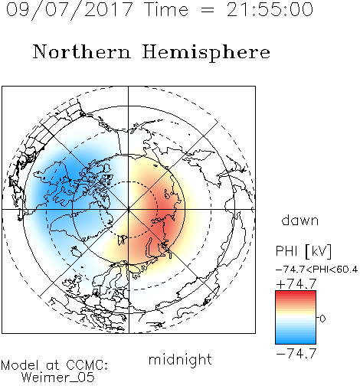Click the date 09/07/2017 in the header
[x=70, y=10]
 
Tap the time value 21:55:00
[x=270, y=9]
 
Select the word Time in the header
[x=166, y=9]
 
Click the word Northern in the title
[x=82, y=51]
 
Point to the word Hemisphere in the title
[x=206, y=53]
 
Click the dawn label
[x=300, y=220]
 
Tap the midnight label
[x=180, y=359]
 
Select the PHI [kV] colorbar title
[x=303, y=251]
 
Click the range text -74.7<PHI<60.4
[x=316, y=270]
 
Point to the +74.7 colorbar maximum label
[x=296, y=284]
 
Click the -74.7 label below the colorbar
[x=296, y=354]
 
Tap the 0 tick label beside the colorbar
[x=322, y=319]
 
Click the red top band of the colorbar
[x=296, y=294]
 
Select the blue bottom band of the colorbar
[x=296, y=341]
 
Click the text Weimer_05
[x=58, y=378]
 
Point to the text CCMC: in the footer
[x=87, y=365]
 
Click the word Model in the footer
[x=20, y=365]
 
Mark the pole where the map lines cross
[x=129, y=209]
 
